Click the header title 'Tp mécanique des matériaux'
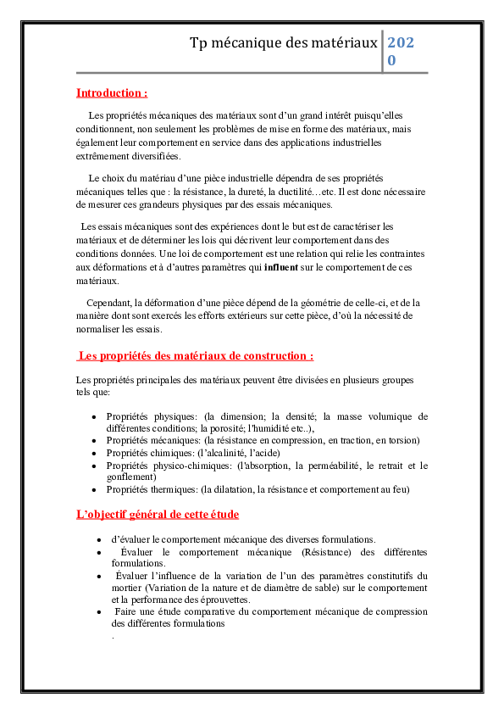(x=284, y=42)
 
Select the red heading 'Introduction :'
(x=112, y=92)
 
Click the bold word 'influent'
(x=281, y=267)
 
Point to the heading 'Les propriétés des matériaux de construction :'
(x=196, y=356)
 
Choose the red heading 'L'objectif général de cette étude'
(x=158, y=514)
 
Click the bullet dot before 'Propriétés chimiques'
(x=93, y=454)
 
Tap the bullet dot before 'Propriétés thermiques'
(x=93, y=490)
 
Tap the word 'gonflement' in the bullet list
(x=129, y=477)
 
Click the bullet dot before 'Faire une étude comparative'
(x=100, y=611)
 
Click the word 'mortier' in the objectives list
(x=127, y=588)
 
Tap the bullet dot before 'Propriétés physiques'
(x=93, y=417)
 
